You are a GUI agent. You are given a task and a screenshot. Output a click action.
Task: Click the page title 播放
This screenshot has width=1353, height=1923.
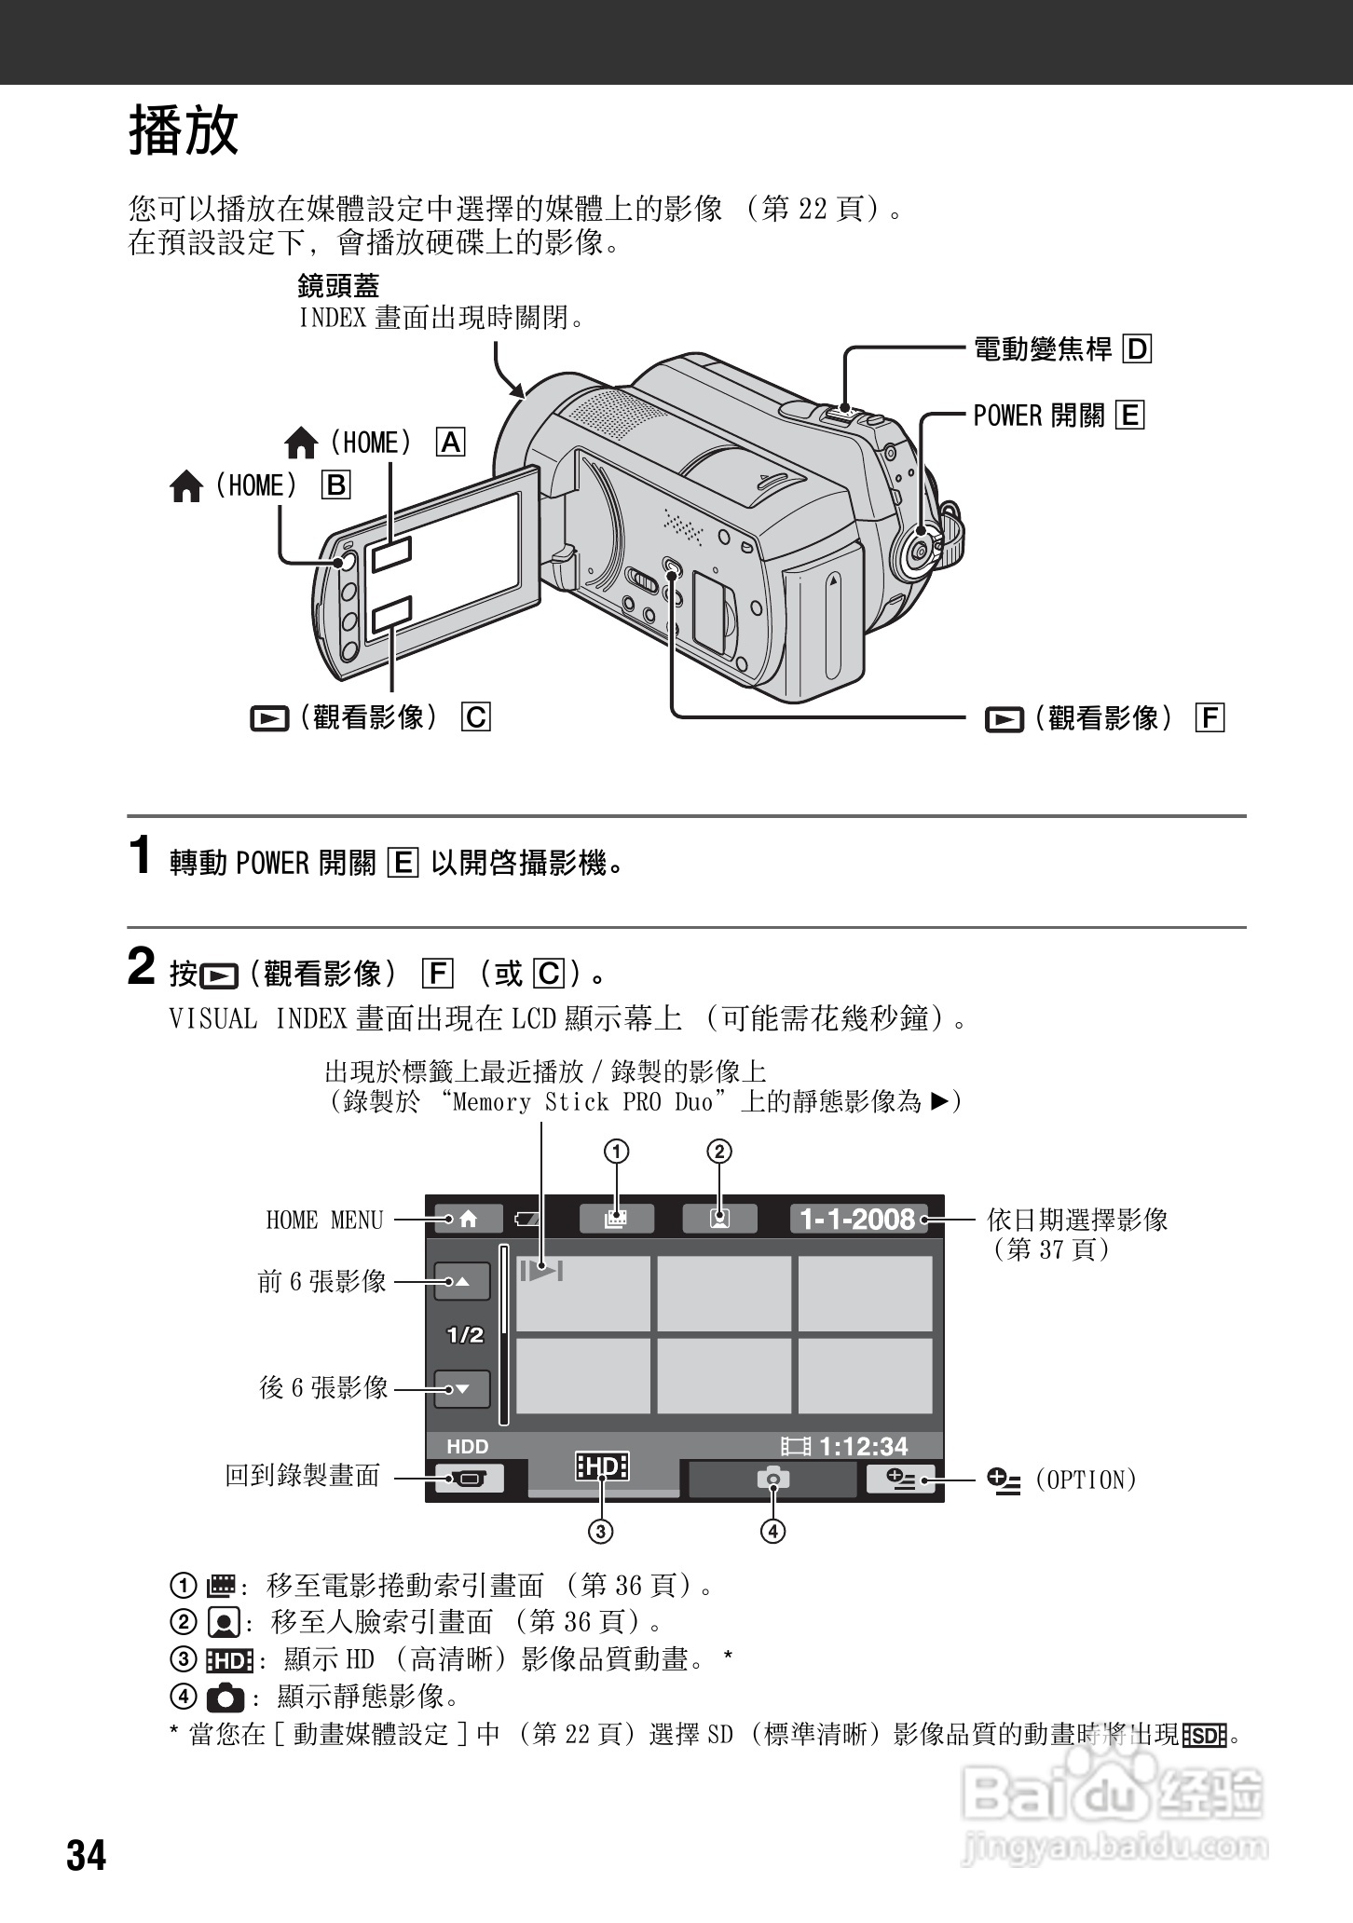point(184,130)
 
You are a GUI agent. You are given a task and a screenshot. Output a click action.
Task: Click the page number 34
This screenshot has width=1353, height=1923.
point(87,1856)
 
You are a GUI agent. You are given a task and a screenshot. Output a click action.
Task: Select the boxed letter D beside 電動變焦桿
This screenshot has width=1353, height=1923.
point(1137,349)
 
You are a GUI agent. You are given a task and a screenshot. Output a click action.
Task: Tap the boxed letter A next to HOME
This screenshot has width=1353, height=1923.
point(451,443)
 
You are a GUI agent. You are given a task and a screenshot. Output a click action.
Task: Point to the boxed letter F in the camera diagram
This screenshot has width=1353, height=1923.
point(1210,717)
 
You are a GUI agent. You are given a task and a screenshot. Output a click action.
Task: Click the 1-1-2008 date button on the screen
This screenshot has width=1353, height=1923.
point(858,1219)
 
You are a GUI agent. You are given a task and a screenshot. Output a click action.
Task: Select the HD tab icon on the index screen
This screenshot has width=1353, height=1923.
point(602,1467)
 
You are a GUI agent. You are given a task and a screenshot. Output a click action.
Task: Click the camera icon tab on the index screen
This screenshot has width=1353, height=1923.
point(772,1479)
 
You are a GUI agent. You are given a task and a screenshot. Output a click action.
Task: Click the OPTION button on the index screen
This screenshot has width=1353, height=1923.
point(900,1479)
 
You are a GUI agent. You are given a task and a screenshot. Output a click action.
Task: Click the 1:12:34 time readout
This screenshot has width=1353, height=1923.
point(863,1446)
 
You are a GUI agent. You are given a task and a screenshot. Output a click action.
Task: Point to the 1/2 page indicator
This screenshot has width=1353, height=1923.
point(465,1335)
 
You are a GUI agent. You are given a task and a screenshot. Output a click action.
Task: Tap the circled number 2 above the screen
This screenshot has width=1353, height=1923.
point(719,1152)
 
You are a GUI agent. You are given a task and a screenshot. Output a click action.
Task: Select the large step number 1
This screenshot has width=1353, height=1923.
point(140,855)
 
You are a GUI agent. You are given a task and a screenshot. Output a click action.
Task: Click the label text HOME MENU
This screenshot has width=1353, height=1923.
point(324,1220)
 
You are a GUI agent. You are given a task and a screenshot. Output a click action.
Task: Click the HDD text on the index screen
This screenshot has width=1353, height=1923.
point(467,1447)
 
